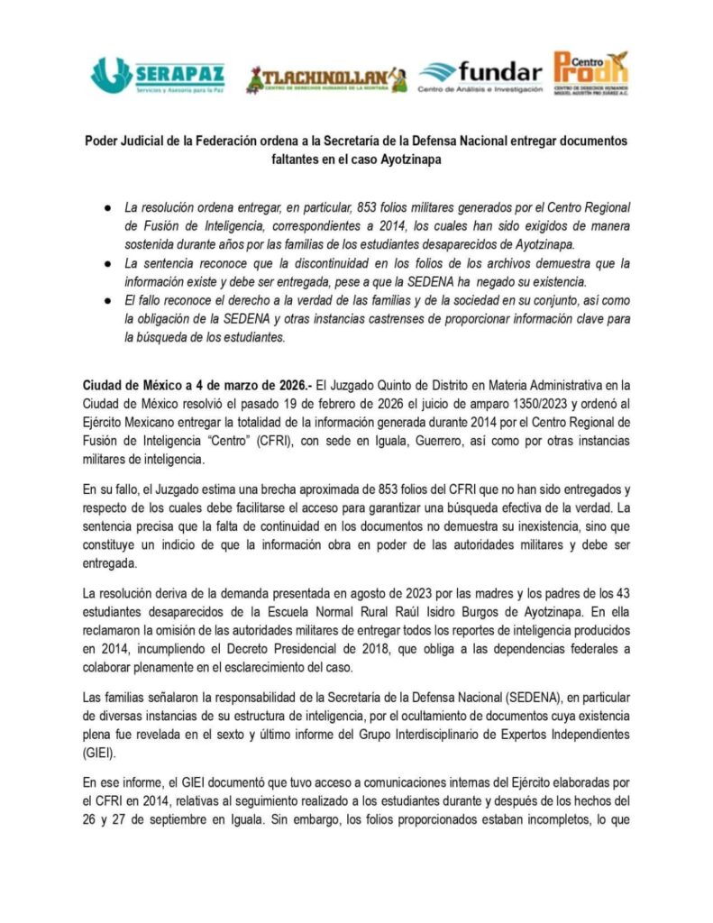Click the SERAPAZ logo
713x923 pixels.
158,75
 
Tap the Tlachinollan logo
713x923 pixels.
326,79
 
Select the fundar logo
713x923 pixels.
481,77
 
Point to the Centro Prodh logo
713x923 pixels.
591,73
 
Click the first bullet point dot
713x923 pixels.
106,206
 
